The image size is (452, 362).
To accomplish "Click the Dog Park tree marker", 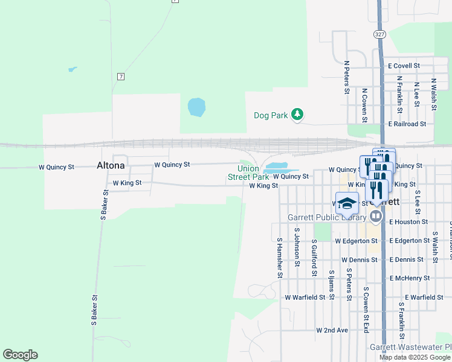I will (x=297, y=114).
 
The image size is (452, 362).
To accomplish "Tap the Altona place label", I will (x=111, y=165).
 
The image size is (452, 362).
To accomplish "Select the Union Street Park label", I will (x=248, y=173).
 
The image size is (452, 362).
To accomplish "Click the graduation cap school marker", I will (x=347, y=203).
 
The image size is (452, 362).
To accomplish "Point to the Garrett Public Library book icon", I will (x=376, y=215).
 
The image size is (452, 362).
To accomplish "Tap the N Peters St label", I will (x=347, y=77).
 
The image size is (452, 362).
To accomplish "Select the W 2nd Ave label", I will (x=332, y=331).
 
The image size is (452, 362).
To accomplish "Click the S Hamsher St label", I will (x=279, y=258).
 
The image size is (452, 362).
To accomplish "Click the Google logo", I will (x=20, y=355).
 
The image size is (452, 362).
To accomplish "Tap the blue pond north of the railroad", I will (x=196, y=107).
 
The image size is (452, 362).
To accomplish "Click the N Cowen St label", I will (x=364, y=104).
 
